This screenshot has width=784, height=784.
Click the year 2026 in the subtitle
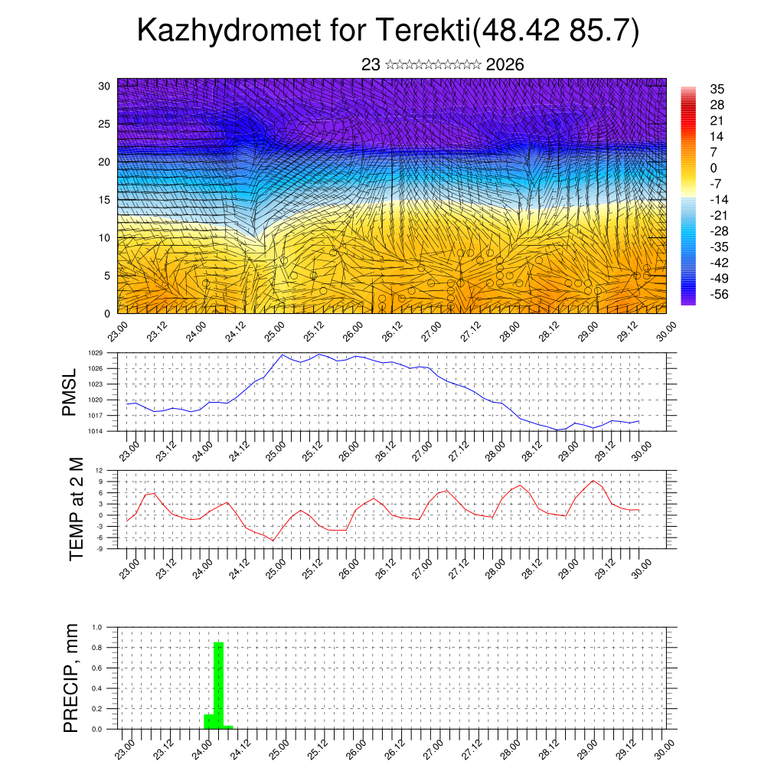click(x=505, y=65)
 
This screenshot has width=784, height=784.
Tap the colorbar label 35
click(x=717, y=89)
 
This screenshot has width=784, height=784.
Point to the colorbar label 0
click(x=714, y=168)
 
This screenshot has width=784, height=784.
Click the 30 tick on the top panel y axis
click(x=104, y=86)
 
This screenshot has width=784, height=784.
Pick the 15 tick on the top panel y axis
click(x=104, y=200)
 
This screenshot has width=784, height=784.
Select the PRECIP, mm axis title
click(x=72, y=678)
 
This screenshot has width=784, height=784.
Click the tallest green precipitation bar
click(x=218, y=685)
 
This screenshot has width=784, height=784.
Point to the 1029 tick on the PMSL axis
click(x=95, y=353)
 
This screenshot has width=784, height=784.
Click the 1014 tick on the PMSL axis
click(x=95, y=432)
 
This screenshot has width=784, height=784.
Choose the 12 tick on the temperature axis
click(x=100, y=470)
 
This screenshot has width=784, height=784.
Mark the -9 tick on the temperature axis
click(x=100, y=549)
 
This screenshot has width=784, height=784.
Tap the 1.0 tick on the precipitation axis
click(x=98, y=627)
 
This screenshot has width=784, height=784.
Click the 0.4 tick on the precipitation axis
click(x=98, y=688)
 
